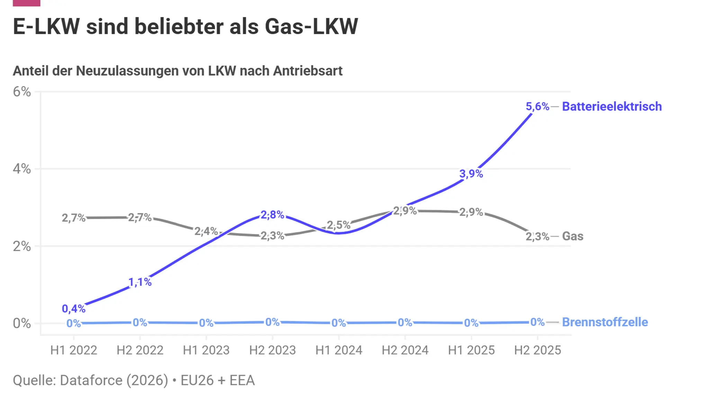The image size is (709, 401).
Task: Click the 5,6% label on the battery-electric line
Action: (x=537, y=106)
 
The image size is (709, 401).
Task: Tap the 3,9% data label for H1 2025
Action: (x=471, y=174)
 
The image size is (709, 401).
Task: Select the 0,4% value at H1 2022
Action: (x=73, y=308)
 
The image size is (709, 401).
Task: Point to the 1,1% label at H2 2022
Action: (x=140, y=282)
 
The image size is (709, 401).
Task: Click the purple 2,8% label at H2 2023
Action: (x=272, y=215)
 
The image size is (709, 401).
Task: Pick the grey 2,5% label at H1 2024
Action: (x=339, y=225)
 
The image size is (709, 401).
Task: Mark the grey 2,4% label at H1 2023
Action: (x=206, y=231)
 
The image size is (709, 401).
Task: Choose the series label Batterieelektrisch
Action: (x=612, y=106)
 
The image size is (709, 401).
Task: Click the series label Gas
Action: (x=573, y=236)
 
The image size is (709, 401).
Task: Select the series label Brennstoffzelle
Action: (x=605, y=322)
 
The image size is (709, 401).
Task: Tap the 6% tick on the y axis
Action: (x=22, y=92)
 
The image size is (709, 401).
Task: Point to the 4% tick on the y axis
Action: (x=22, y=169)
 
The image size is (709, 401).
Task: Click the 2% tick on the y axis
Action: (x=22, y=246)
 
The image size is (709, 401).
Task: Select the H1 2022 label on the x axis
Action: (x=73, y=350)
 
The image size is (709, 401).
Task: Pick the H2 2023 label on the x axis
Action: (x=272, y=350)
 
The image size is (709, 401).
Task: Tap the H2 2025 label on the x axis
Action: (x=537, y=350)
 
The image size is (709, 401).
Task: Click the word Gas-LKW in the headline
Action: (x=311, y=26)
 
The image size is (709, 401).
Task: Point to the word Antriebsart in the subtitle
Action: (x=308, y=71)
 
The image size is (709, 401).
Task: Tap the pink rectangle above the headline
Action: (x=27, y=3)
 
